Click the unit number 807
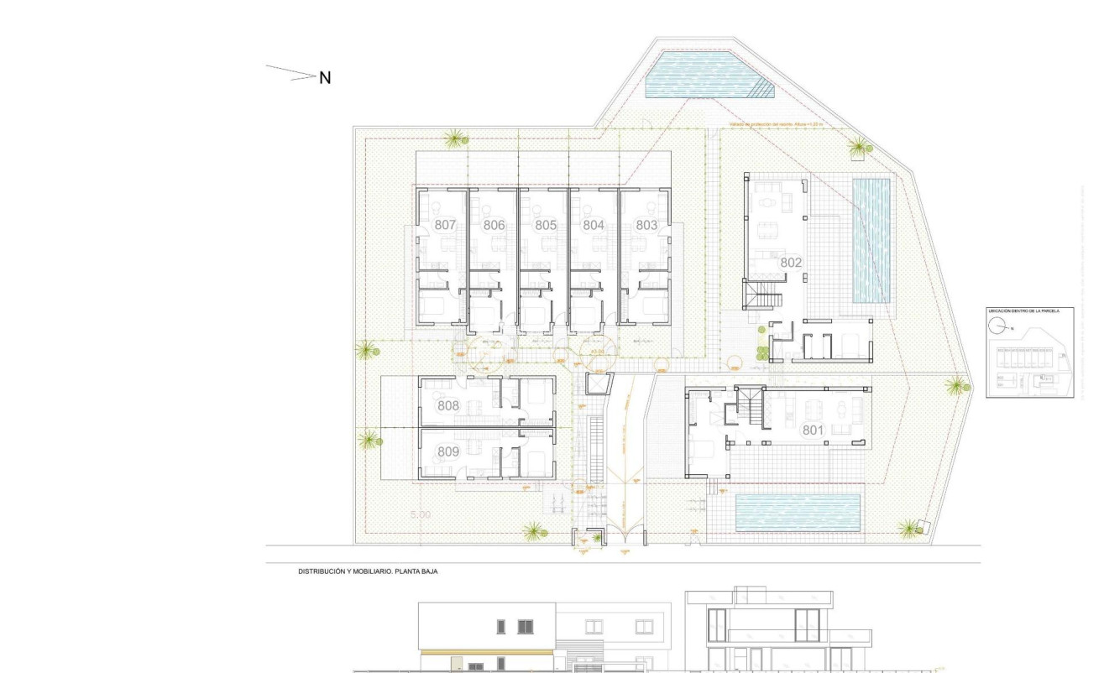click(445, 225)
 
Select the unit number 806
click(494, 225)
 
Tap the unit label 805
click(545, 225)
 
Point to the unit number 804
click(594, 225)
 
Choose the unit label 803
click(646, 225)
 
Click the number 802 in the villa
click(791, 263)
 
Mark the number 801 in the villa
click(813, 430)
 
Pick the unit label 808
click(448, 406)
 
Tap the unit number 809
click(448, 452)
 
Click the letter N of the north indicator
click(325, 78)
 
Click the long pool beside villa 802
click(871, 240)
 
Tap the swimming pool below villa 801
click(798, 511)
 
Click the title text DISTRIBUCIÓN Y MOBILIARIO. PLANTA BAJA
click(369, 571)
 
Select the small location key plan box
click(1029, 352)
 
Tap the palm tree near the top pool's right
click(858, 149)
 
